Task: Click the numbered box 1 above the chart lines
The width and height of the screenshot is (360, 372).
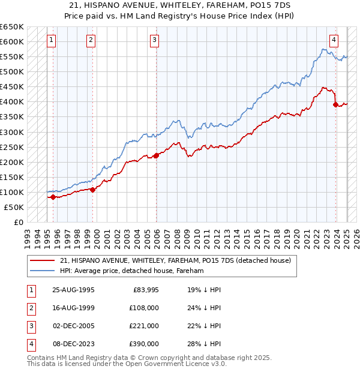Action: click(52, 40)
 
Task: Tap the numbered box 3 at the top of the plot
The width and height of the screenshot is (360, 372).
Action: click(154, 40)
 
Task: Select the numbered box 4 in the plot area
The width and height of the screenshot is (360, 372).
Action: click(334, 40)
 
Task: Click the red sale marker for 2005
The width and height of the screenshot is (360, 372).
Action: click(156, 155)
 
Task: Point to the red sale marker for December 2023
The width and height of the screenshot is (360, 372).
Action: click(335, 104)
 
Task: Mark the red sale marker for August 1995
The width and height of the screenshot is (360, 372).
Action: click(53, 197)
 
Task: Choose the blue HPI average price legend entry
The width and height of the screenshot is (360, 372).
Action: click(132, 271)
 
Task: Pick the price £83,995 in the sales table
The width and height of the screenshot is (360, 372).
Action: click(145, 290)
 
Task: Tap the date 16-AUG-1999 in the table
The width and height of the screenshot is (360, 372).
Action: click(73, 308)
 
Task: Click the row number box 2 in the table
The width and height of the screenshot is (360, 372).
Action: click(31, 308)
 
